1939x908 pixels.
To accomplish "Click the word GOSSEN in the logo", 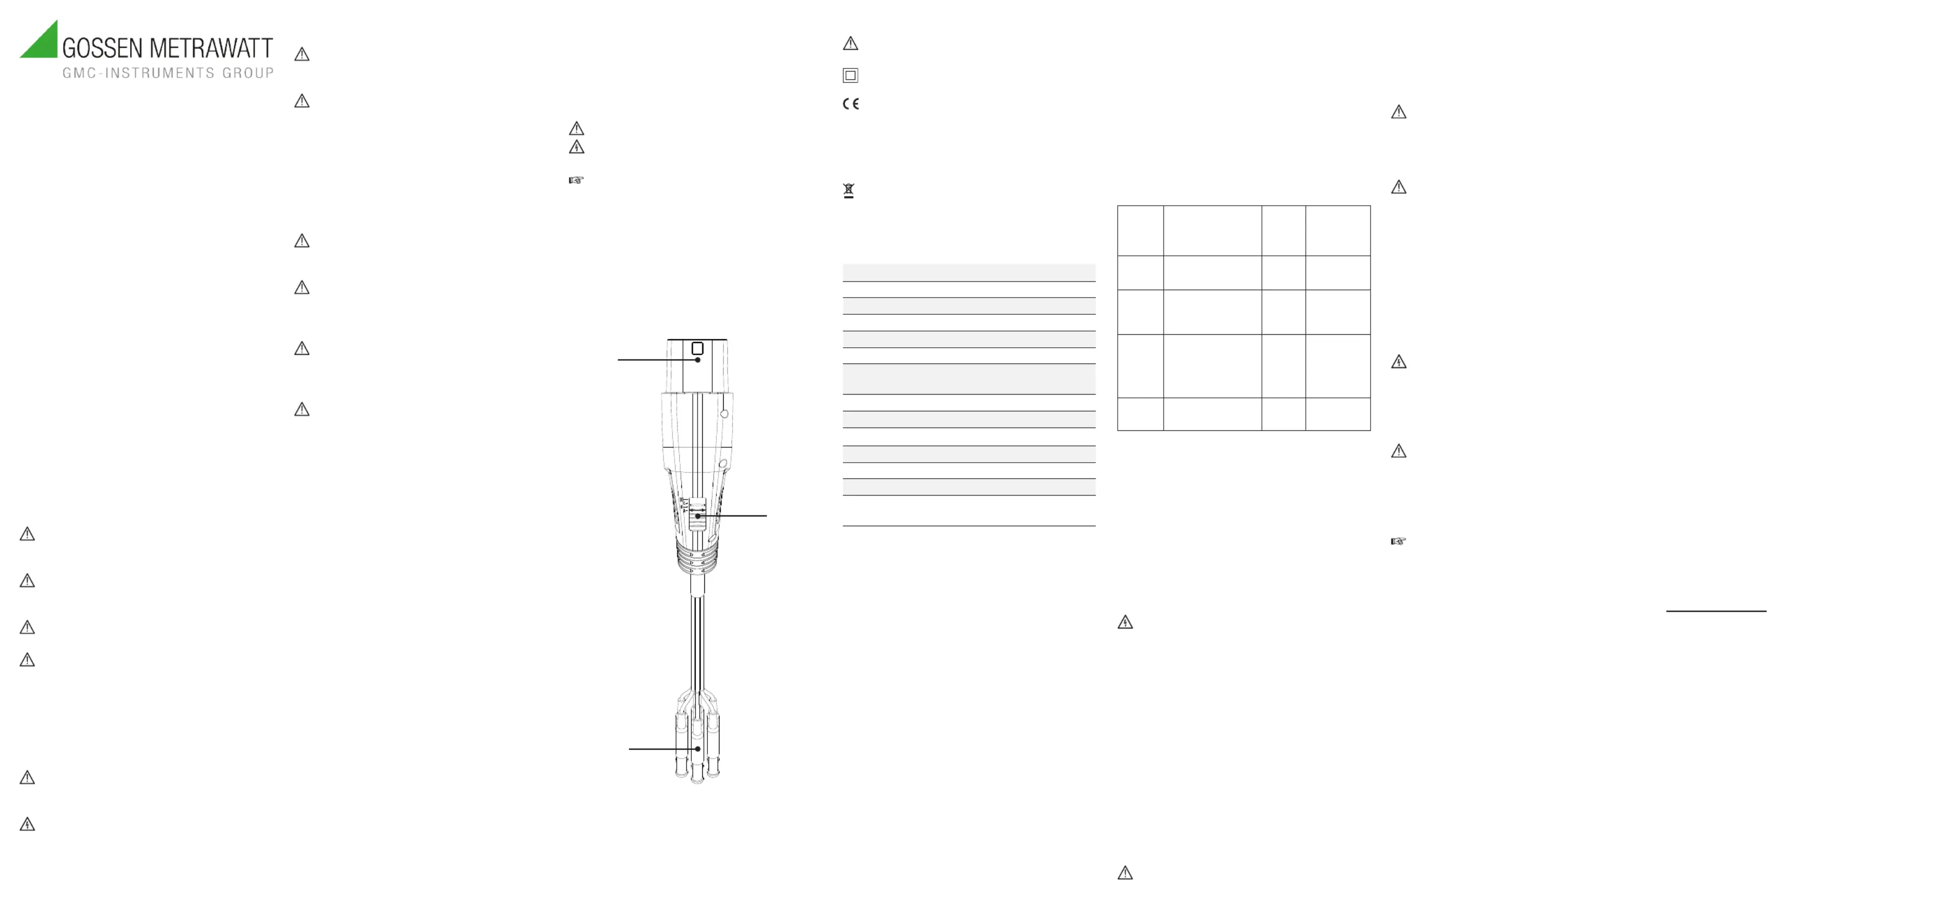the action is pos(102,48).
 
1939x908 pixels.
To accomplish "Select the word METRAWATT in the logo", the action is pos(211,48).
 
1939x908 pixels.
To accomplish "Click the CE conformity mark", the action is pos(851,104).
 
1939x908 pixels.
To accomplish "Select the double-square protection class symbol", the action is pos(851,75).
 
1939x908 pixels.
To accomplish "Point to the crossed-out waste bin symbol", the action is pos(849,191).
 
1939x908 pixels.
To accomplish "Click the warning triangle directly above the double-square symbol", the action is pos(851,44).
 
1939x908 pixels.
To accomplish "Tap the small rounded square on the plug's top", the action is pos(698,348).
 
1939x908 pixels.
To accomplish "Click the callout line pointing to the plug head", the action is pos(658,360).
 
